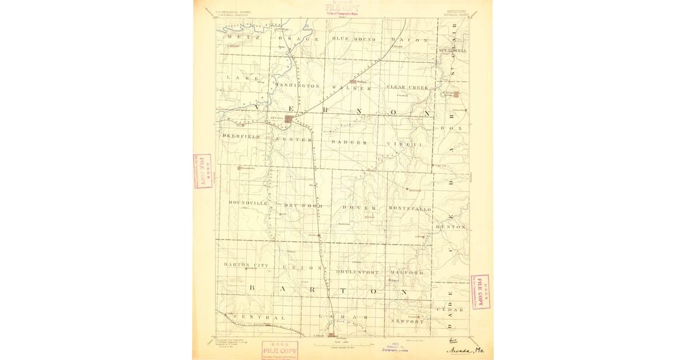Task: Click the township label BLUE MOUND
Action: [354, 39]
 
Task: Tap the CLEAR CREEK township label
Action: [408, 87]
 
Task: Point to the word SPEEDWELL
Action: [453, 51]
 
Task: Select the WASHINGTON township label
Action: [297, 86]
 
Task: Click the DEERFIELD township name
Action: [241, 137]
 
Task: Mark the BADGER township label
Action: [349, 142]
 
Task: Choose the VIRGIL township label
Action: [404, 145]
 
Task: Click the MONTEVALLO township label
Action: [409, 209]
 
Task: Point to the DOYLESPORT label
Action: [357, 273]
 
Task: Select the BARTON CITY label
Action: [246, 266]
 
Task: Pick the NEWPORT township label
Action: [407, 322]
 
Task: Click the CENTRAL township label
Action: [258, 317]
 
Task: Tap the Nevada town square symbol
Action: [290, 119]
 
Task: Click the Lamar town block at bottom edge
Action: [330, 335]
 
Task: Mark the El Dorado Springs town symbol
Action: [456, 95]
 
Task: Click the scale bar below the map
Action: [342, 345]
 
